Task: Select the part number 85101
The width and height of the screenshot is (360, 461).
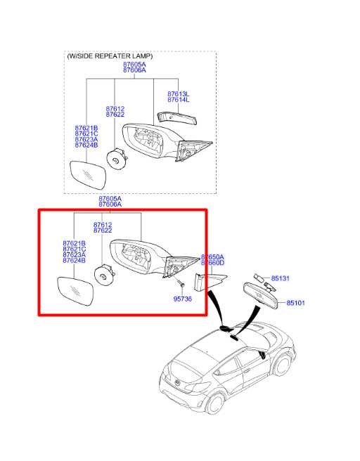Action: [x=295, y=303]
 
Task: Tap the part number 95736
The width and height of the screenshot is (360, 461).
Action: [x=183, y=298]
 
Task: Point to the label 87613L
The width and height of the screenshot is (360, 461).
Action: [x=178, y=93]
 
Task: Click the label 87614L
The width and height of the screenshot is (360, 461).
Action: [x=178, y=100]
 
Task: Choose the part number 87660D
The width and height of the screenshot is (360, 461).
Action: [x=212, y=264]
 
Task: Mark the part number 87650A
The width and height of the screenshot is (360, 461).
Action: [x=212, y=257]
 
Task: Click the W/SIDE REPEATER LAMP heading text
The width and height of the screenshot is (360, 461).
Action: [x=110, y=56]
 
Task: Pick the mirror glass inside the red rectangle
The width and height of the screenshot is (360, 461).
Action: [x=77, y=292]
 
